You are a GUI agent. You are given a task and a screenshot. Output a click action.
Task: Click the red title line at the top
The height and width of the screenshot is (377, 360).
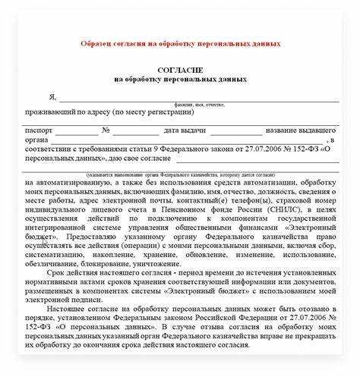[x=180, y=43]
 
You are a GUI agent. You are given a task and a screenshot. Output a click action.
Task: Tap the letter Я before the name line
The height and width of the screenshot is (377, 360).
[x=52, y=97]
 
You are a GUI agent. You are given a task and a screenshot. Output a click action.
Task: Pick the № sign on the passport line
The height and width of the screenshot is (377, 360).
[x=106, y=130]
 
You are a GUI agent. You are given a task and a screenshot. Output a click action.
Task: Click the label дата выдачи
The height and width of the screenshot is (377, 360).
[x=185, y=130]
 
